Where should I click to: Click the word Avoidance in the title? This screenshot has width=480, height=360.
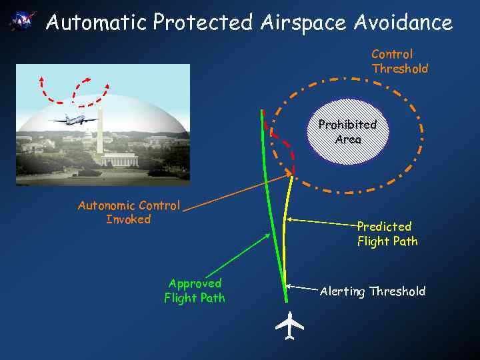point(403,23)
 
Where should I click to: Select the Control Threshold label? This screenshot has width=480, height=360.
point(399,61)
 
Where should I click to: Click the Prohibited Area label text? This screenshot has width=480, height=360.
point(347,132)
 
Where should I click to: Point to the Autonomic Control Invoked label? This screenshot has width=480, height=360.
point(129,212)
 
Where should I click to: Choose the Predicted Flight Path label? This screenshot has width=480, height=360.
point(387,233)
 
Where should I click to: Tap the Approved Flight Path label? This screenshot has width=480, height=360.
point(195,291)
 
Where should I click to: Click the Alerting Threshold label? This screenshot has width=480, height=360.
point(372,291)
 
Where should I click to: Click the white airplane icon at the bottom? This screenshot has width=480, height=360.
point(289,326)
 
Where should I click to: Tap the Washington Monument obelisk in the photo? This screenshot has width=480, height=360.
point(99,131)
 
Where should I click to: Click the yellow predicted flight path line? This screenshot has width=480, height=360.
point(285,233)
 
